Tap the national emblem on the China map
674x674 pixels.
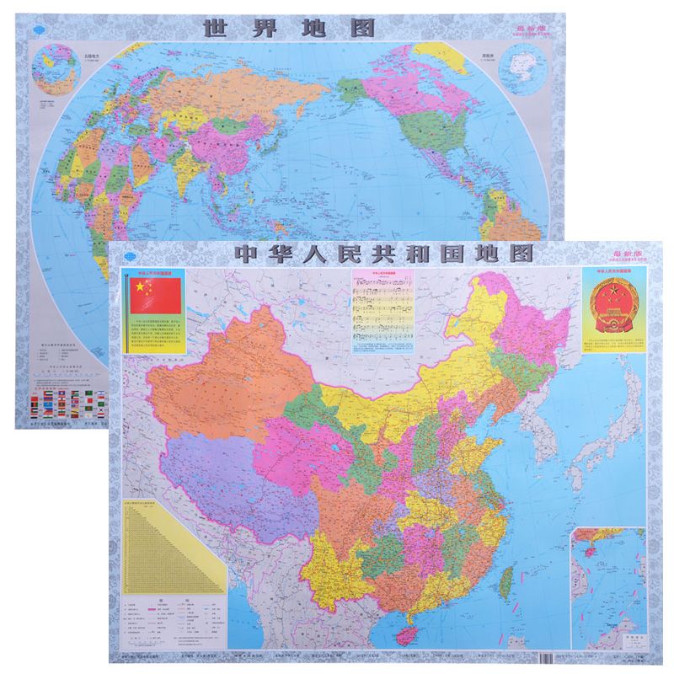pos(614,307)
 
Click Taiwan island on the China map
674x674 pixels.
pos(508,580)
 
